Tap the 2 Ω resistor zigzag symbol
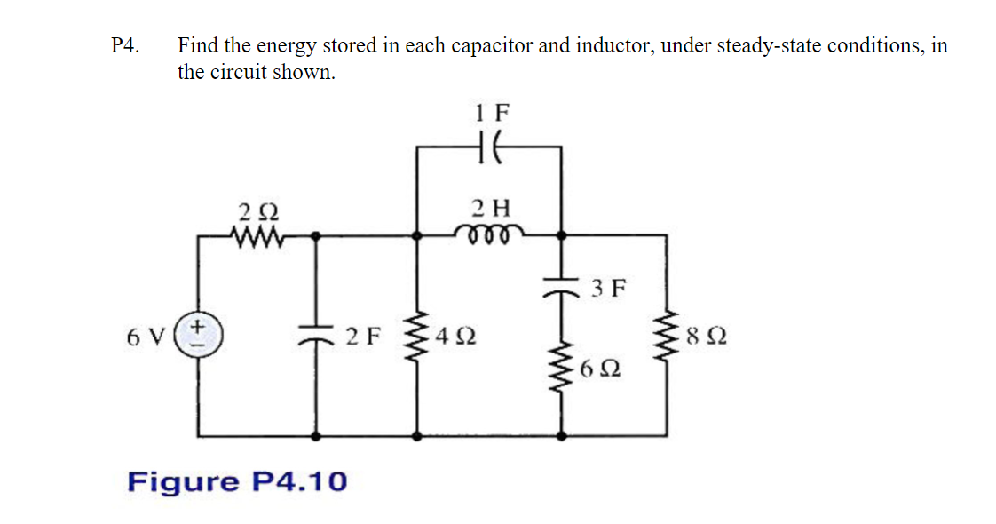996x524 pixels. click(x=258, y=236)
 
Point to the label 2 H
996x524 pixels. click(x=491, y=209)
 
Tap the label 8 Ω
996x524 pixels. click(x=706, y=337)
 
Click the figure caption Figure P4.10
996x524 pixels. click(x=237, y=482)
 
